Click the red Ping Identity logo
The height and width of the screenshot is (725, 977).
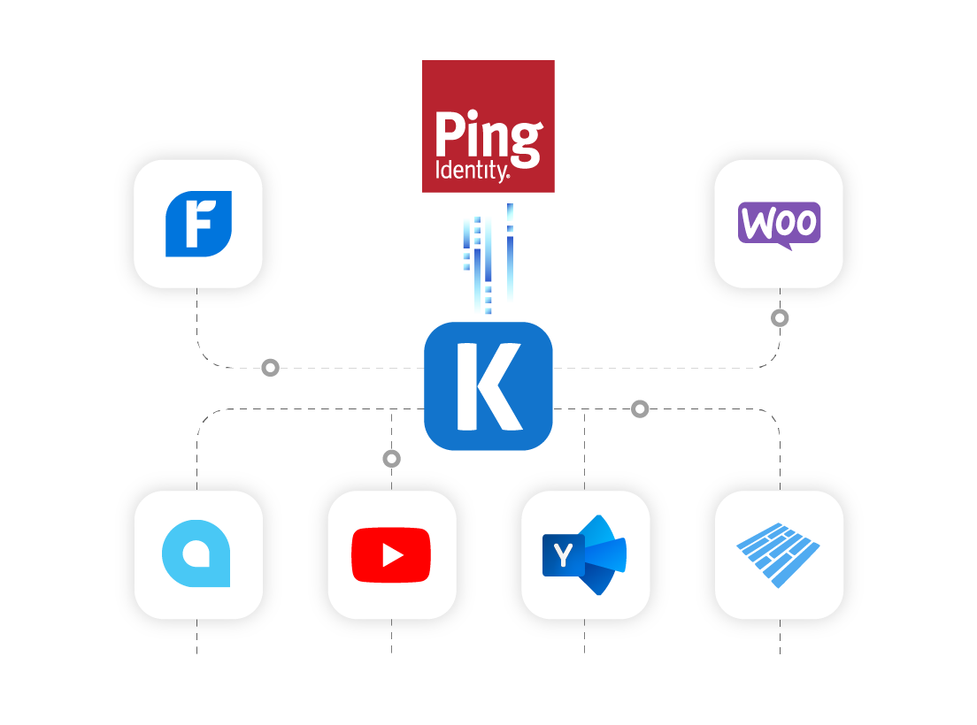(488, 126)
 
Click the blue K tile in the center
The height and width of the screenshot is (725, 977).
(488, 385)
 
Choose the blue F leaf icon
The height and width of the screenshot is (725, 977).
(198, 224)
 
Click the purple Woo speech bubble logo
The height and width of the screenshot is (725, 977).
(779, 224)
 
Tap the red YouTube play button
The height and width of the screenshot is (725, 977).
(390, 555)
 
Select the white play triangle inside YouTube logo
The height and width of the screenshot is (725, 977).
(392, 555)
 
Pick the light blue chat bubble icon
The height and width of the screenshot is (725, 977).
(196, 555)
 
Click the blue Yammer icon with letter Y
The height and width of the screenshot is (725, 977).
(584, 555)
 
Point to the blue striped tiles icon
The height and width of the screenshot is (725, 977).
(779, 555)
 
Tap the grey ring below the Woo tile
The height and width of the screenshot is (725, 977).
(780, 317)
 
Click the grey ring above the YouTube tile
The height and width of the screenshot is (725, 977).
(391, 458)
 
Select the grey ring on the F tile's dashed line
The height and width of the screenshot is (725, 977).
(270, 367)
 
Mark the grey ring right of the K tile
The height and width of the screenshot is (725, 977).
(640, 408)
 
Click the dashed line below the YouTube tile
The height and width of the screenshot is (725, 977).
(391, 647)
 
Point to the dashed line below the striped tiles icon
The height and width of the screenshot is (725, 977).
(780, 647)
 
